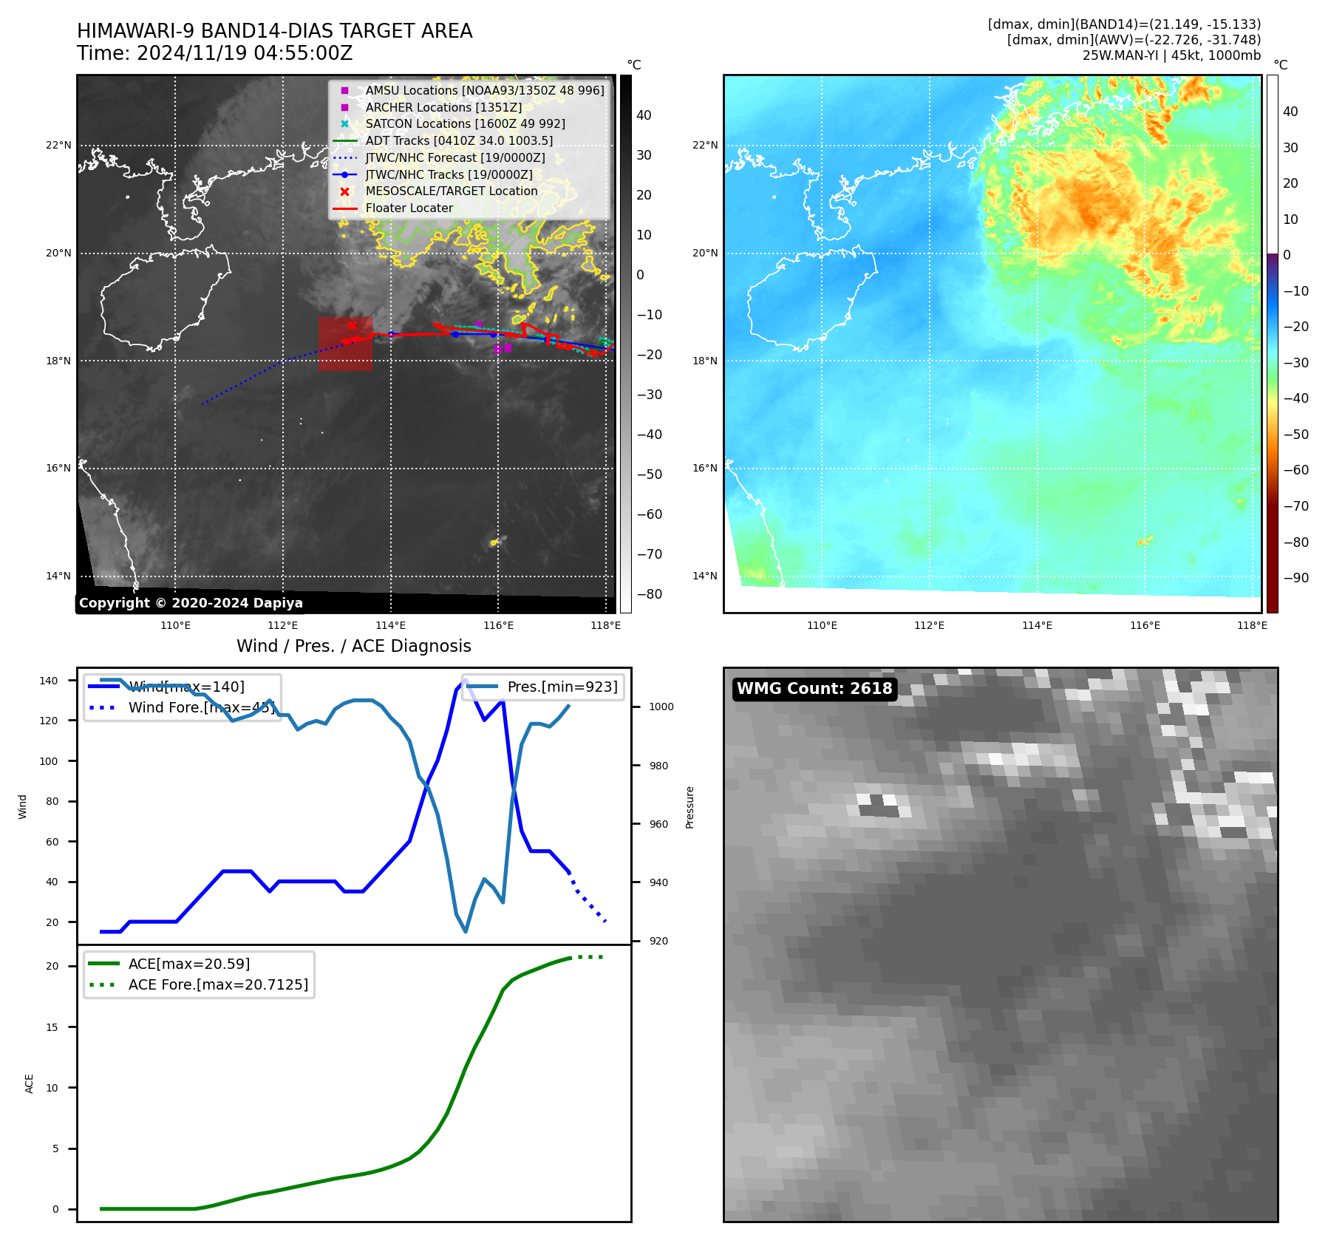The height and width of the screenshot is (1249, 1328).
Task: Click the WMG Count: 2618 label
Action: click(x=814, y=689)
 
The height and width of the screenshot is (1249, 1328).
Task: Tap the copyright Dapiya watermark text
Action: click(x=191, y=603)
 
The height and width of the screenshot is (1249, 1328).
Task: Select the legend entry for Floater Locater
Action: click(x=409, y=208)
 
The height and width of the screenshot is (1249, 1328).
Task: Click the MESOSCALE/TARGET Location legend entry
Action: click(x=451, y=191)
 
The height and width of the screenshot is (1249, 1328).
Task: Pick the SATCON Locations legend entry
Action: click(x=465, y=124)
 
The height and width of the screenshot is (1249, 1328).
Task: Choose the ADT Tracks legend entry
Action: click(x=458, y=141)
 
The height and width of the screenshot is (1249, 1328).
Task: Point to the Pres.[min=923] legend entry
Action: click(x=562, y=687)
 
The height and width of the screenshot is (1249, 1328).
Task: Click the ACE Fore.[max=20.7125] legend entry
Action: click(x=217, y=984)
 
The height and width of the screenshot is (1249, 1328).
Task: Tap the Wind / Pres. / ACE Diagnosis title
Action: click(x=353, y=646)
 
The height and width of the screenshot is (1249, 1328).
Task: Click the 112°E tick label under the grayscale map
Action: click(x=283, y=626)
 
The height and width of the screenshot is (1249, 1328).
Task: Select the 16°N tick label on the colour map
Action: click(x=704, y=468)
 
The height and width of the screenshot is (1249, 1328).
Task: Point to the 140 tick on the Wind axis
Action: click(x=49, y=681)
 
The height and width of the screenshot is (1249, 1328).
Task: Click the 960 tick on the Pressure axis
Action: click(x=658, y=824)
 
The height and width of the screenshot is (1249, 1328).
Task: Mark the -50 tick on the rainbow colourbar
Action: click(x=1295, y=435)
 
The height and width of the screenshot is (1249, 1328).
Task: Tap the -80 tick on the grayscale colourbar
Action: click(x=650, y=594)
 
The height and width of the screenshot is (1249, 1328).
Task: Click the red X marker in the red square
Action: click(x=352, y=325)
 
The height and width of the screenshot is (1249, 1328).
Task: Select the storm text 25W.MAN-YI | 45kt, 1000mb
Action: click(x=1171, y=55)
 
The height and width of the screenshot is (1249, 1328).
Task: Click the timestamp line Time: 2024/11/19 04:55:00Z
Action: click(x=214, y=54)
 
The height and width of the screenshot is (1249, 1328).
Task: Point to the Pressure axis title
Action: click(x=689, y=807)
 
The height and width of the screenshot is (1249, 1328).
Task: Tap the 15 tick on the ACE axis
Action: click(x=52, y=1027)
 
